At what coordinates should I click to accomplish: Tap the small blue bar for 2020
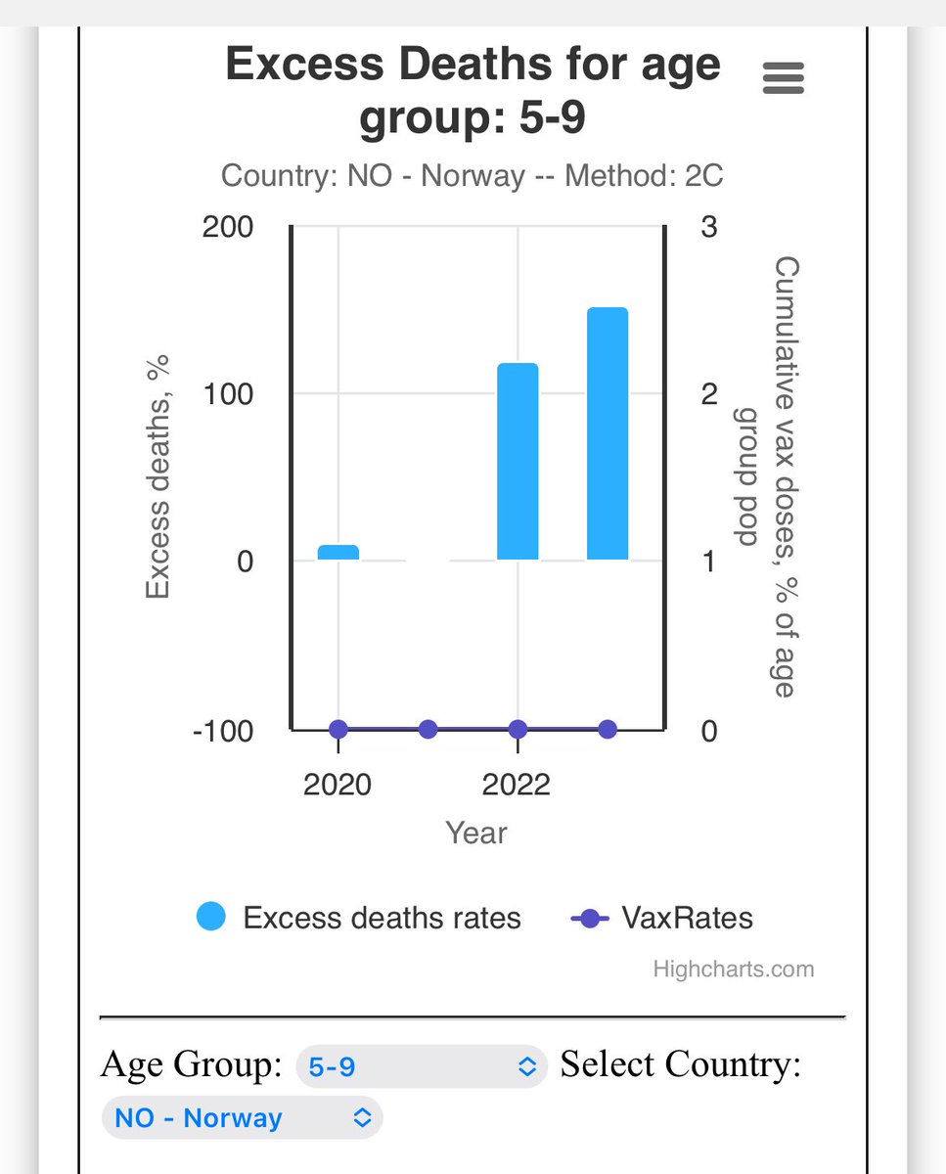click(x=338, y=552)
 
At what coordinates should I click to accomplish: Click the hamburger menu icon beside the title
click(x=783, y=77)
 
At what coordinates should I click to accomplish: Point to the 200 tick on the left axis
click(x=228, y=227)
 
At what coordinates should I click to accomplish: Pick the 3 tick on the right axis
click(x=709, y=227)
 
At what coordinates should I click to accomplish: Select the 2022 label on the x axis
click(x=517, y=785)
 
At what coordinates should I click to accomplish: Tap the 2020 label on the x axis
click(x=338, y=785)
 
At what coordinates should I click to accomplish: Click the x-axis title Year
click(x=476, y=833)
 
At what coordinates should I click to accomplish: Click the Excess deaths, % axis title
click(x=158, y=476)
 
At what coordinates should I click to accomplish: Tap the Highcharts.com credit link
click(x=733, y=970)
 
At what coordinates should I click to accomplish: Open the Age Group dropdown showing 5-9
click(x=421, y=1065)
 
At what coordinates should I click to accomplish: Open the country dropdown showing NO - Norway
click(x=242, y=1118)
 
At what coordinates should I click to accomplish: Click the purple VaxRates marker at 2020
click(x=338, y=729)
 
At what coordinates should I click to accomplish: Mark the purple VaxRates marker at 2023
click(x=607, y=729)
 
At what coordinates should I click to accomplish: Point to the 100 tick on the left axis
click(x=228, y=394)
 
